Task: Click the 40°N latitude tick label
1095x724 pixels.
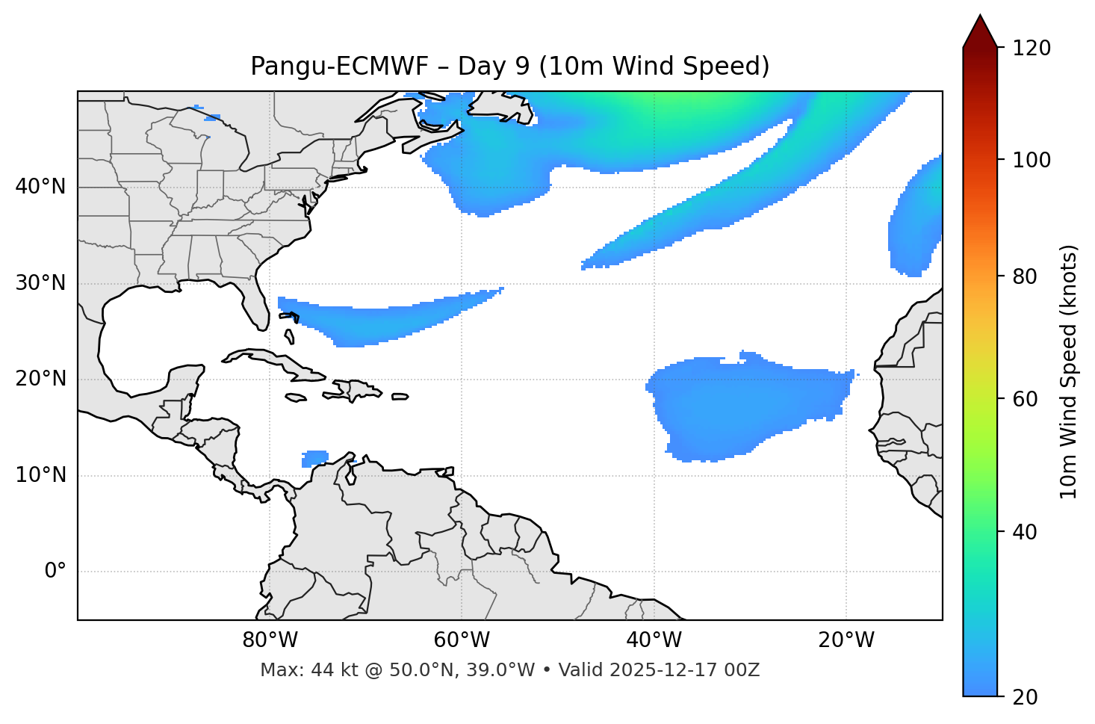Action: [40, 187]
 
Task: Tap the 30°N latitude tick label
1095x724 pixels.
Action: [40, 283]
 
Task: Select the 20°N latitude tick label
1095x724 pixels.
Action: [40, 379]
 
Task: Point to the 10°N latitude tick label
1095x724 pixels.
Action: [40, 475]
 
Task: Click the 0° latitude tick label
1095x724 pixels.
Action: [55, 572]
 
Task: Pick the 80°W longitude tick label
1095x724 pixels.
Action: [270, 640]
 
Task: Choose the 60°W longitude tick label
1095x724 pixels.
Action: [462, 640]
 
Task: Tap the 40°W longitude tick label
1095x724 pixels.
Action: [654, 640]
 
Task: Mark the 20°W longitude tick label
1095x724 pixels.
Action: [846, 640]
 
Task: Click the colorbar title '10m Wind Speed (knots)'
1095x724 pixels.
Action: [1069, 371]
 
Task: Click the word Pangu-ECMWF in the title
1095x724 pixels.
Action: [339, 66]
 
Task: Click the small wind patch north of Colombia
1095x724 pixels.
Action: [315, 458]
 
